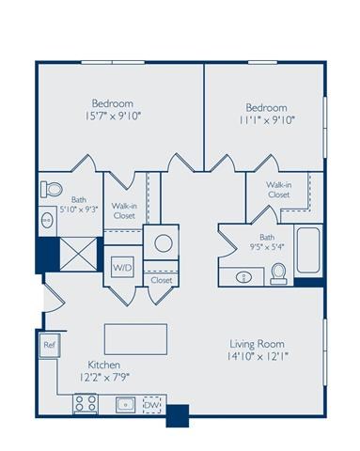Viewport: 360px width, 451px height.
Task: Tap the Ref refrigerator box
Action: (x=48, y=346)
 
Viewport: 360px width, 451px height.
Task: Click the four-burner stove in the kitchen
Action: (x=87, y=405)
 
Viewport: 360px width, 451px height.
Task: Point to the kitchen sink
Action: (x=124, y=405)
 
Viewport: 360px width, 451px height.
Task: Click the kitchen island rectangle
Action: (x=135, y=335)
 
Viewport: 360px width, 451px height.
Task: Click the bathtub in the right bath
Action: (x=306, y=248)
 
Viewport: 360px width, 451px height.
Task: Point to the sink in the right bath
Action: (x=242, y=276)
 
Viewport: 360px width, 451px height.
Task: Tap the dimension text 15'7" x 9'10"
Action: (x=111, y=117)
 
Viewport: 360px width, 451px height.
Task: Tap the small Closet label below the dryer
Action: (x=162, y=280)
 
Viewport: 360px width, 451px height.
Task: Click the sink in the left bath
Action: (x=49, y=220)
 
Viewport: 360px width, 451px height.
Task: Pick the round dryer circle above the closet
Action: (x=163, y=243)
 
